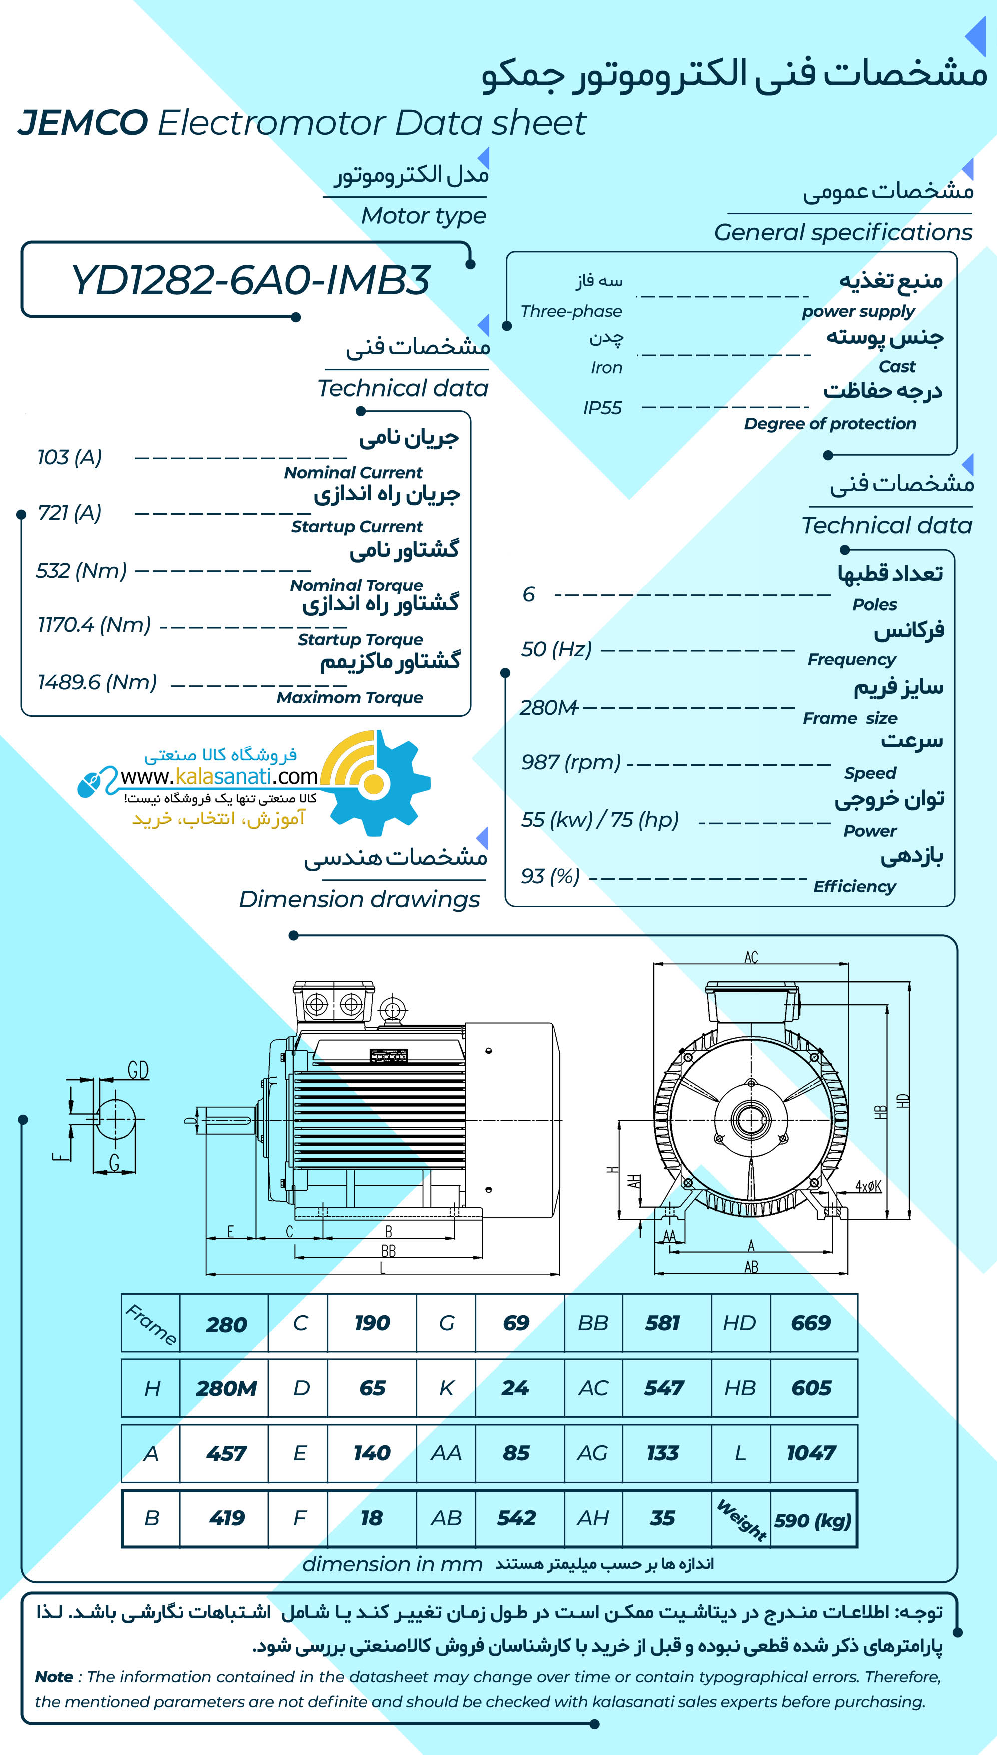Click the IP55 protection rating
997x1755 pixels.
click(602, 408)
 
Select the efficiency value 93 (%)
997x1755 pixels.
click(550, 876)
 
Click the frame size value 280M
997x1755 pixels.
click(548, 707)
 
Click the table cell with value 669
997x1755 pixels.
click(811, 1323)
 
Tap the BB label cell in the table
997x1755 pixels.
click(593, 1323)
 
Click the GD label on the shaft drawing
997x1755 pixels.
click(138, 1070)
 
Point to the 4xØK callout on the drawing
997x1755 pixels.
click(868, 1186)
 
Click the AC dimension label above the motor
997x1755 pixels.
click(751, 957)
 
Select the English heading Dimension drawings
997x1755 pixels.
click(360, 899)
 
